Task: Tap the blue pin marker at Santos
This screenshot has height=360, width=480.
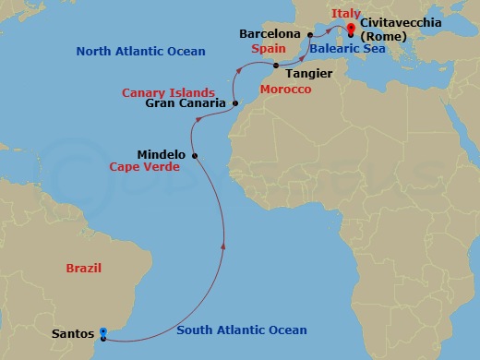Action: pyautogui.click(x=103, y=332)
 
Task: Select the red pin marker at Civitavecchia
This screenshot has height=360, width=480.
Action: pyautogui.click(x=351, y=30)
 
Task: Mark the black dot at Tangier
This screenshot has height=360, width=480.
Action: pyautogui.click(x=276, y=65)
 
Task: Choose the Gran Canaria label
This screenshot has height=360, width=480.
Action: pyautogui.click(x=186, y=103)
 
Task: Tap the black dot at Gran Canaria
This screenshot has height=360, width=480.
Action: pyautogui.click(x=235, y=103)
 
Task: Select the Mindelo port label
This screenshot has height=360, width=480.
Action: pyautogui.click(x=161, y=154)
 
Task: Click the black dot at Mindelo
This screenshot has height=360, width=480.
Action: pyautogui.click(x=194, y=155)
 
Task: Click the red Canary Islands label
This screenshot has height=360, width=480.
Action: pyautogui.click(x=168, y=91)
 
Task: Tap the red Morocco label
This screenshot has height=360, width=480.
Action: pyautogui.click(x=286, y=90)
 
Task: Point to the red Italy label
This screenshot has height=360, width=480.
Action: pyautogui.click(x=346, y=13)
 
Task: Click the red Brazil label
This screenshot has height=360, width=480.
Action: pyautogui.click(x=83, y=269)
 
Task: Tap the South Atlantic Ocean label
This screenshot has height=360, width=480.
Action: pyautogui.click(x=242, y=330)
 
